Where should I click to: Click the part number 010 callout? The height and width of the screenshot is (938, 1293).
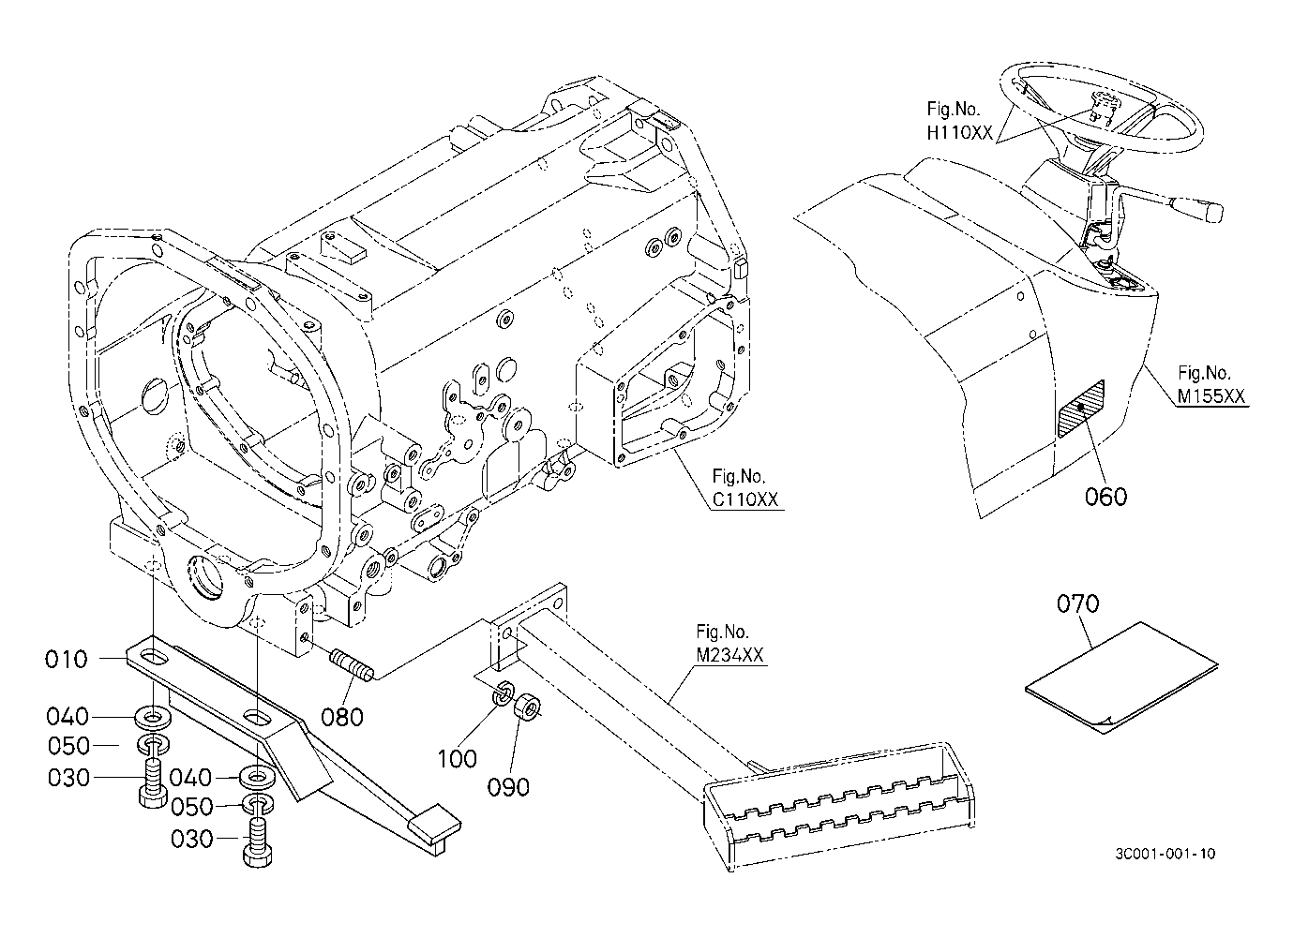pyautogui.click(x=66, y=660)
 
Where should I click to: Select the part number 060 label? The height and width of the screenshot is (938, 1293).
pyautogui.click(x=1105, y=496)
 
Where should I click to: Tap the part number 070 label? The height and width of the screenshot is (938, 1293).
pyautogui.click(x=1077, y=604)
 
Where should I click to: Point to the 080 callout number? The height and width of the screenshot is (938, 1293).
pyautogui.click(x=342, y=718)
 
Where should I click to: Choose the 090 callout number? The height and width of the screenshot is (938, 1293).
pyautogui.click(x=509, y=786)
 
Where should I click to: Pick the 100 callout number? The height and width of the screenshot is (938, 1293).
pyautogui.click(x=457, y=757)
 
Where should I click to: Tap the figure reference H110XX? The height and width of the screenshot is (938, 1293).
pyautogui.click(x=959, y=134)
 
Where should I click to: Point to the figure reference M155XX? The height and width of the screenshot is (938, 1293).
pyautogui.click(x=1211, y=396)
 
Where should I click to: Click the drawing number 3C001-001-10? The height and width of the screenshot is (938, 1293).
pyautogui.click(x=1166, y=854)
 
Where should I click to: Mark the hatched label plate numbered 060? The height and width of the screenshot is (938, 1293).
pyautogui.click(x=1081, y=409)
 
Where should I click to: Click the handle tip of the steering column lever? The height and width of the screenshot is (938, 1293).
pyautogui.click(x=1208, y=210)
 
